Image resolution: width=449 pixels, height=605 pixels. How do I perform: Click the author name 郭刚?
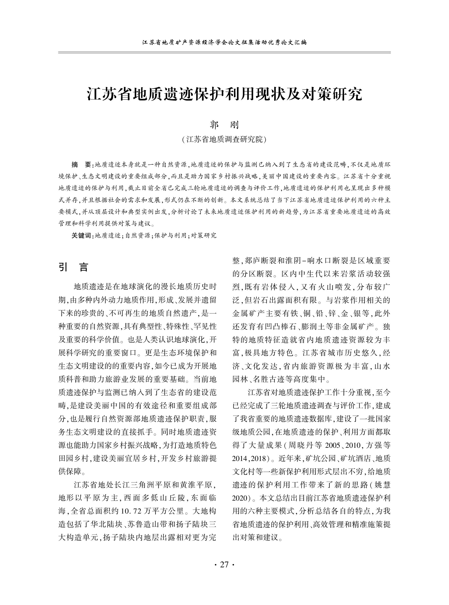pos(224,125)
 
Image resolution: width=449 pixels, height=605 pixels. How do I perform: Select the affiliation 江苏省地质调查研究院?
pos(224,139)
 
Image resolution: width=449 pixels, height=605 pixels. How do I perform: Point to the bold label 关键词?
pos(82,235)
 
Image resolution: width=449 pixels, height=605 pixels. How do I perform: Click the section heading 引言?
pos(74,267)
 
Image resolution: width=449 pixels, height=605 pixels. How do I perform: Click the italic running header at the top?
pos(224,42)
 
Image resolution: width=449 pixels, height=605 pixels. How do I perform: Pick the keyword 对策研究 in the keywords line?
pos(204,235)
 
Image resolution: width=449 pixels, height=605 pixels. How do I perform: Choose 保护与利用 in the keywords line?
pos(170,235)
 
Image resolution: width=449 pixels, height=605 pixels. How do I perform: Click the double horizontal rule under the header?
pos(224,52)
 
